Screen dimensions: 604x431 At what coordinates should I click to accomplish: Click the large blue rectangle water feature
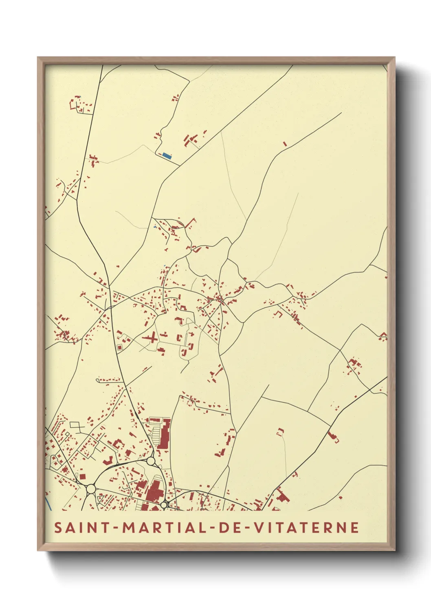tap(166, 155)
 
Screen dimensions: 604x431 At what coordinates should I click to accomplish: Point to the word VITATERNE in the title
tap(306, 527)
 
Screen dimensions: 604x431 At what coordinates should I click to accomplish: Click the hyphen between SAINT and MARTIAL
tap(116, 528)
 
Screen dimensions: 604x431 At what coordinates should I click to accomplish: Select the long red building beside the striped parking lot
tap(165, 434)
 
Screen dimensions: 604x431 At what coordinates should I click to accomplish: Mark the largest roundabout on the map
tap(91, 489)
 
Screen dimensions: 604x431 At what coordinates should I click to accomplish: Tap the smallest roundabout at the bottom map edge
tap(164, 505)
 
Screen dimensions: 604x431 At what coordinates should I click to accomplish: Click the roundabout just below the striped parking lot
tap(151, 461)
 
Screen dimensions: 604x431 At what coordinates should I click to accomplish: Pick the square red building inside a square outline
tap(119, 347)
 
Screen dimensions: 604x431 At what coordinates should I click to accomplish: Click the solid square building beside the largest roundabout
tap(82, 477)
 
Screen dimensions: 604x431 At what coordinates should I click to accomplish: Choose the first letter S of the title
tap(58, 527)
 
